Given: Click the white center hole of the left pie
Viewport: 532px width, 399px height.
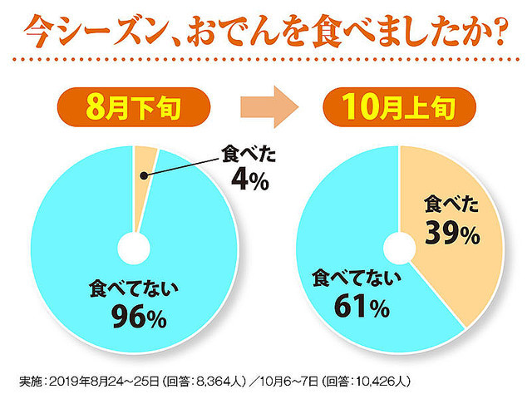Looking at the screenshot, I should tap(133, 248).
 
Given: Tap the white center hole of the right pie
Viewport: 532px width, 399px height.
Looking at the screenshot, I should tap(399, 248).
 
